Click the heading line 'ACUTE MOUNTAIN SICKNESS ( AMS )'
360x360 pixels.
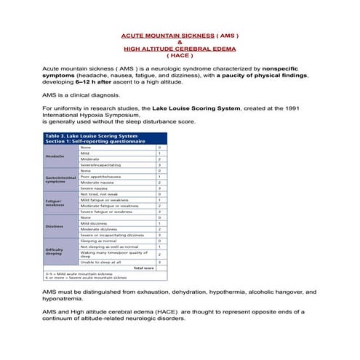(179, 35)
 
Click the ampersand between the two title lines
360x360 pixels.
(180, 41)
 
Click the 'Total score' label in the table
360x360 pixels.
(143, 268)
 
